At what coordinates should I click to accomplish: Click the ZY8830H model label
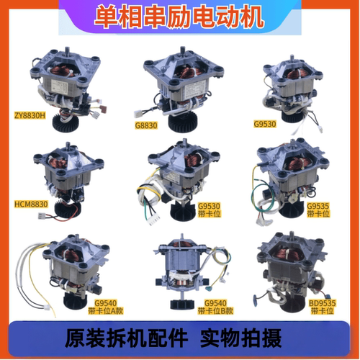coord(30,116)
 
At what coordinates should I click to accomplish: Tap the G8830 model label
coord(146,125)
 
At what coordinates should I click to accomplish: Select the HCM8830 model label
coord(31,204)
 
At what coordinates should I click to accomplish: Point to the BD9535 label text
coord(322,303)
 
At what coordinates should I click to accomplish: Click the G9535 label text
coord(318,206)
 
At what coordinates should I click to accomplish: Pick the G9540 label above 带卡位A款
coord(105,303)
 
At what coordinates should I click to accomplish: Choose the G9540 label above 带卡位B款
coord(215,303)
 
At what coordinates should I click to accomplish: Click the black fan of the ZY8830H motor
coord(64,122)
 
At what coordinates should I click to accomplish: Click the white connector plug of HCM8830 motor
coord(42,216)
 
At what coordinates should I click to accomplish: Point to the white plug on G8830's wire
coord(138,114)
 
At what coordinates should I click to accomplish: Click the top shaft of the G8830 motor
coord(183,51)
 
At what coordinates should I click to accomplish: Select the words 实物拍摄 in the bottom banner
coord(240,338)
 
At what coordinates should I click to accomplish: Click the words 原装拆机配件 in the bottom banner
coord(126,338)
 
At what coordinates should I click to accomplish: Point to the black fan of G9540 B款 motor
coord(181,304)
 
